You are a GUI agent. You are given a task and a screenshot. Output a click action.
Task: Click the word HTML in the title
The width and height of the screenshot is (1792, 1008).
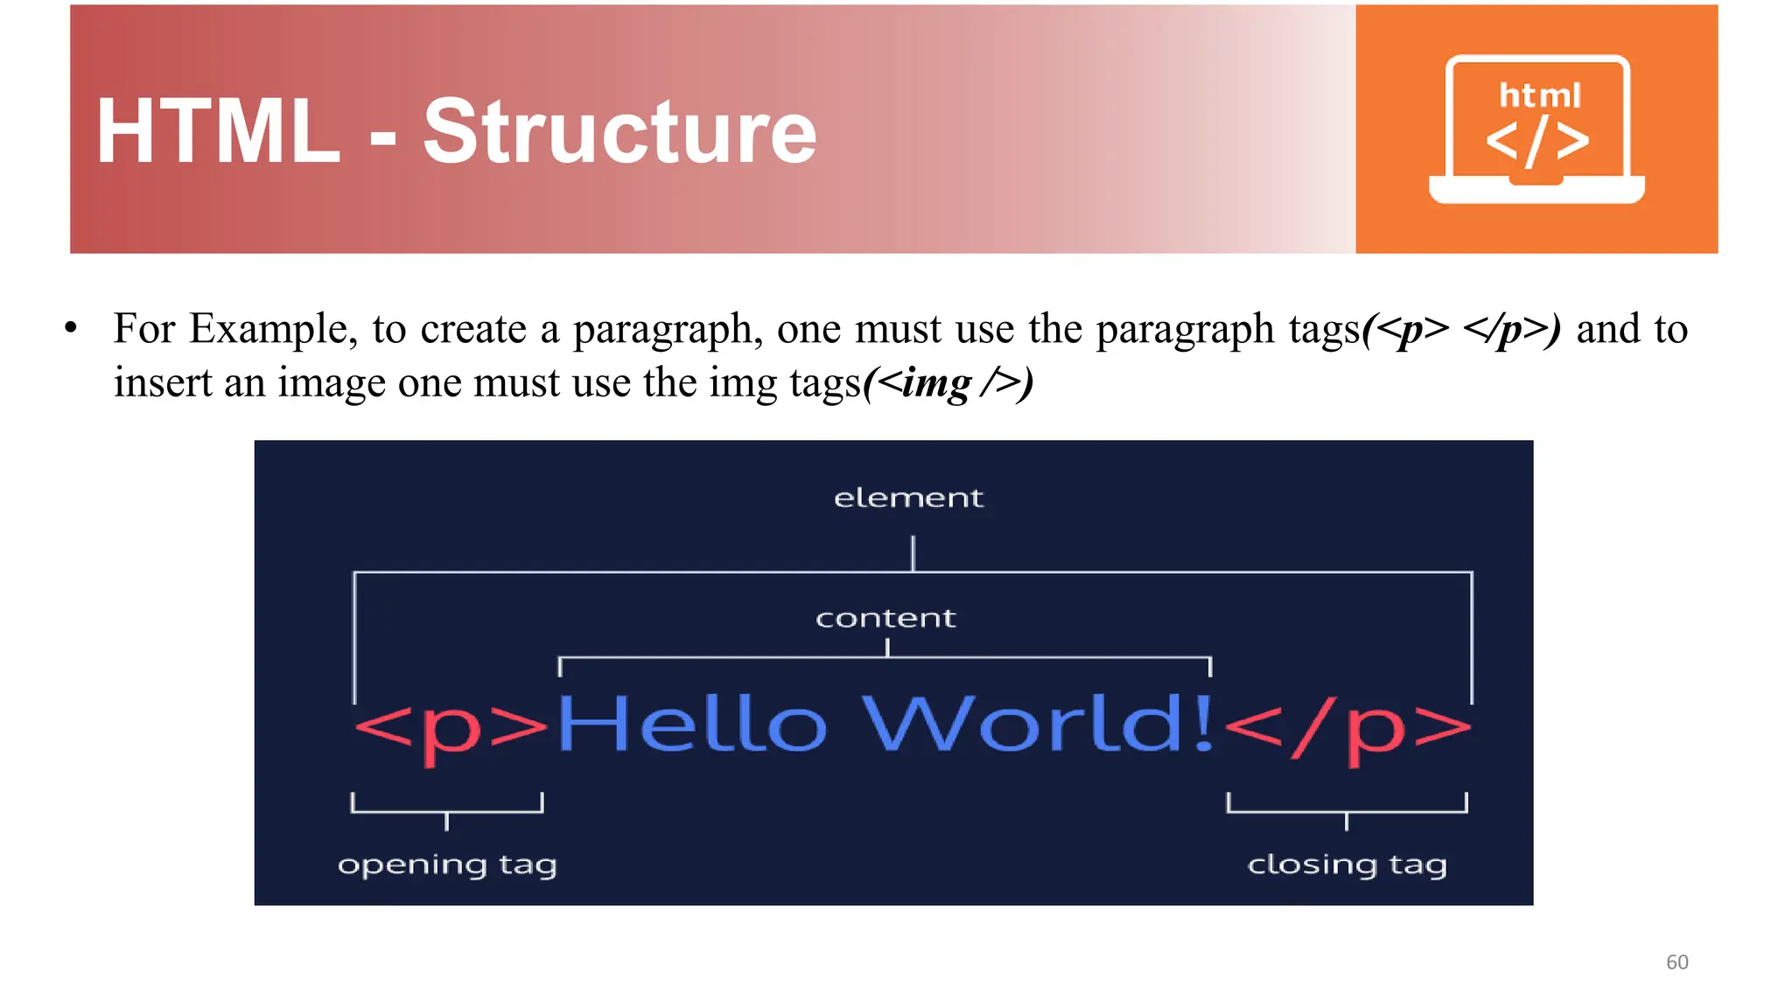coord(218,131)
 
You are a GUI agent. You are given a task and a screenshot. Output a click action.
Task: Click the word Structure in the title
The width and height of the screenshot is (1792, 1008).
coord(619,131)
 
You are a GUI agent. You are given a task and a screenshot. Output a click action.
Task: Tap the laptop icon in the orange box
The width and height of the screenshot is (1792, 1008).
coord(1536,129)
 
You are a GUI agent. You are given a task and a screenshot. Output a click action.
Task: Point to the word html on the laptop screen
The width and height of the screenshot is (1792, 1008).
coord(1540,94)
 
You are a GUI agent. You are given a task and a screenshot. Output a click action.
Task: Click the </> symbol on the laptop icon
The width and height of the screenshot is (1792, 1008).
coord(1537,142)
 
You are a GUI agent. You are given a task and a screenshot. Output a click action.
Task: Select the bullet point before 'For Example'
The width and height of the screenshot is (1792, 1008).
coord(71,330)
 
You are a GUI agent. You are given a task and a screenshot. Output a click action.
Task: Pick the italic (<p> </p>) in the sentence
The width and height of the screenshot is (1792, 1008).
coord(1461,330)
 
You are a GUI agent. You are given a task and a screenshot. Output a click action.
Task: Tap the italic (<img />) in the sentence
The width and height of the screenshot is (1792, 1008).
coord(948,383)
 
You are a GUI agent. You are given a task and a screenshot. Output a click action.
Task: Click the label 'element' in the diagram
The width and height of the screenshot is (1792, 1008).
coord(908,498)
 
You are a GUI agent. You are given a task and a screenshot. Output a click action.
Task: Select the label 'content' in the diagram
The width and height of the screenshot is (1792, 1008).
coord(885,619)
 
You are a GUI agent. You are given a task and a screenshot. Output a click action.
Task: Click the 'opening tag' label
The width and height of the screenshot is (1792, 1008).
coord(447,865)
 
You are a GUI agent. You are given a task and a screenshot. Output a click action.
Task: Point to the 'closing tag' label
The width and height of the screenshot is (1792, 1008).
coord(1347,865)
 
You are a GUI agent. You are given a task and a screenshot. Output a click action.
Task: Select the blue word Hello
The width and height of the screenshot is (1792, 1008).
coord(691,724)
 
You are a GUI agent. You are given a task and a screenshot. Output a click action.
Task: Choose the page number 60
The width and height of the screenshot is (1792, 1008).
coord(1676,962)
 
